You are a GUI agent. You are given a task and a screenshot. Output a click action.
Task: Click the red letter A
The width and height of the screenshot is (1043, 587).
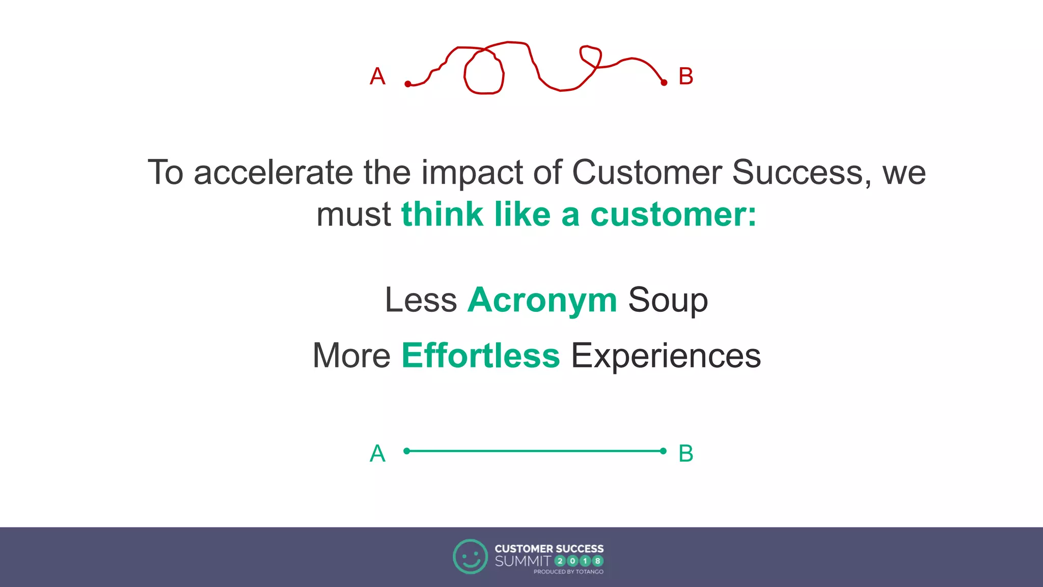(x=377, y=77)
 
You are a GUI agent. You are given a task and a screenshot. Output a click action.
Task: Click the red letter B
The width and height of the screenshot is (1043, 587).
(x=686, y=77)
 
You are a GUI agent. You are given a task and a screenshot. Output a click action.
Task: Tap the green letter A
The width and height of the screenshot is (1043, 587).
(x=377, y=453)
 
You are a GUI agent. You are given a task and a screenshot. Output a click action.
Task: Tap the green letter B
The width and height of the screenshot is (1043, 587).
(x=686, y=453)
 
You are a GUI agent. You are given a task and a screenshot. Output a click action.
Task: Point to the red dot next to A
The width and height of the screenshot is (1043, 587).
(x=408, y=84)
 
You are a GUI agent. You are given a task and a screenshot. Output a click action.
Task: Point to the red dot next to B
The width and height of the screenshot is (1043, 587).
(x=664, y=82)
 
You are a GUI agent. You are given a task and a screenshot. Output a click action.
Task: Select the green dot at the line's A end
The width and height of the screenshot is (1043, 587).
(x=406, y=451)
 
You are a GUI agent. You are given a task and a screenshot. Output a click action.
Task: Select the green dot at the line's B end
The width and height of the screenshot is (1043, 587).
(x=663, y=451)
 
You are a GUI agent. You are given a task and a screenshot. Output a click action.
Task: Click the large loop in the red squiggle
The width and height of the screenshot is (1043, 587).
(x=484, y=71)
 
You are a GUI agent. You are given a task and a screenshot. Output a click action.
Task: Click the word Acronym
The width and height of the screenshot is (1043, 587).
(x=542, y=300)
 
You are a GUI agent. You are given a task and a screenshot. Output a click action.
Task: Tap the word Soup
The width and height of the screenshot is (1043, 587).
(x=668, y=300)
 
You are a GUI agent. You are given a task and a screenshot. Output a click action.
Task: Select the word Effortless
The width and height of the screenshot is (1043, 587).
(x=480, y=355)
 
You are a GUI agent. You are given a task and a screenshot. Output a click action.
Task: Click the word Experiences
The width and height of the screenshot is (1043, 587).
(x=666, y=355)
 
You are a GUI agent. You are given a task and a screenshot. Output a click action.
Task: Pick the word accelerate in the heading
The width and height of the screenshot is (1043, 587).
(x=273, y=172)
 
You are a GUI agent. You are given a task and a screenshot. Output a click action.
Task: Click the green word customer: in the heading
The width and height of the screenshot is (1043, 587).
(x=673, y=214)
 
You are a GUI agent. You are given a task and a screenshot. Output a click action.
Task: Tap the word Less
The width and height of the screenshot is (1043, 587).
(x=421, y=300)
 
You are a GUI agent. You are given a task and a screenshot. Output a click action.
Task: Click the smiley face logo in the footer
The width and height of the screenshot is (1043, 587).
(x=470, y=556)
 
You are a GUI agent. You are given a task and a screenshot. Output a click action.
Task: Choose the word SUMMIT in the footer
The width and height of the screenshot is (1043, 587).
(x=523, y=561)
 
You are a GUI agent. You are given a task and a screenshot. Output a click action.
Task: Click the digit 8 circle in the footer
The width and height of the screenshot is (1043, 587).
(x=598, y=561)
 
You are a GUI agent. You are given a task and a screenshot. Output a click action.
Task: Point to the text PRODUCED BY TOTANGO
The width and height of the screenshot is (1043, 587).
(x=568, y=572)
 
